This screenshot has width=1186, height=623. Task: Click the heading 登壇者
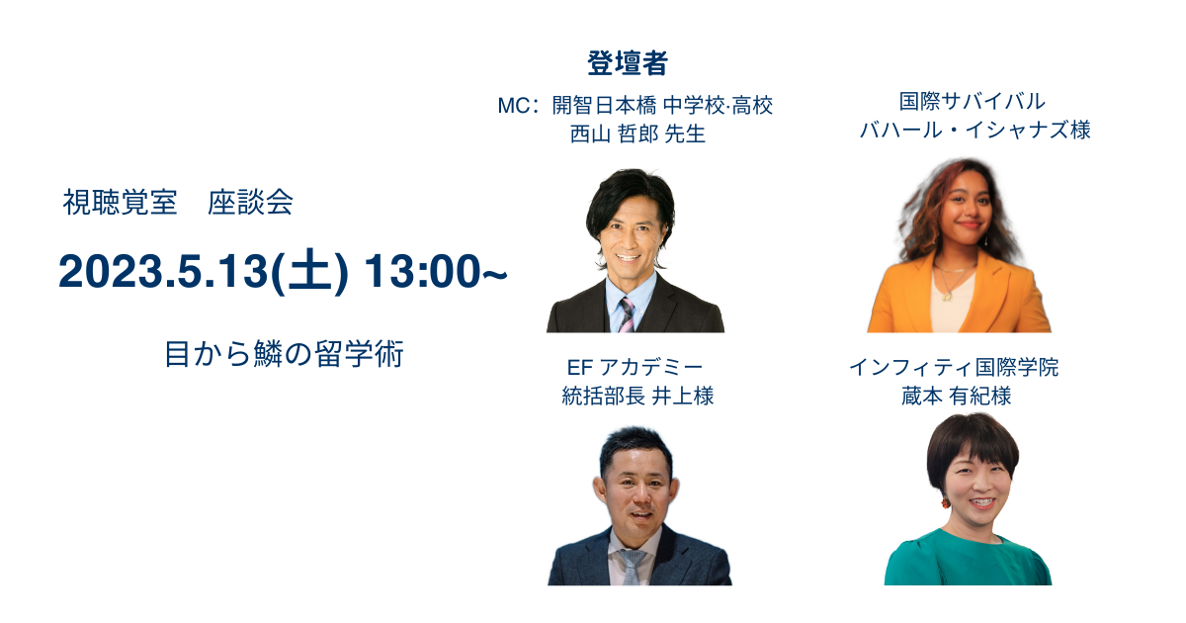pos(628,63)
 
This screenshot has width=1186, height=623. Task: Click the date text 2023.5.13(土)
pos(203,272)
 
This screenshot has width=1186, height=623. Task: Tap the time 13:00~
pos(436,272)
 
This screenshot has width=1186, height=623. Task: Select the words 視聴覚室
pos(121,203)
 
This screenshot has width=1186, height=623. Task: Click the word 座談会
pos(250,203)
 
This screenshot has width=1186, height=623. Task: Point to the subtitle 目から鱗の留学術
pos(285,354)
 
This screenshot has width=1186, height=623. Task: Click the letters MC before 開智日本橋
pos(513,106)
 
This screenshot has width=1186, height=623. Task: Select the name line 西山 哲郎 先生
pos(637,133)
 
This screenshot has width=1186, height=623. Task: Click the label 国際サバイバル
pos(973,102)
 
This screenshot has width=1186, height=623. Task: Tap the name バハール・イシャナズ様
pos(974,131)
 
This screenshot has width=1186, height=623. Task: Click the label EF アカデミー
pos(635,367)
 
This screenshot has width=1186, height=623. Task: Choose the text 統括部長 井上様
pos(637,396)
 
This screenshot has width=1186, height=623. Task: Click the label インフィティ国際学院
pos(954,367)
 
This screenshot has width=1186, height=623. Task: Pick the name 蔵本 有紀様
pos(957,396)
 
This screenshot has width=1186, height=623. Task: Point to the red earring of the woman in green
pos(945,501)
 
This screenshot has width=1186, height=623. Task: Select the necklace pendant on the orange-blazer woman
pos(947,297)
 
